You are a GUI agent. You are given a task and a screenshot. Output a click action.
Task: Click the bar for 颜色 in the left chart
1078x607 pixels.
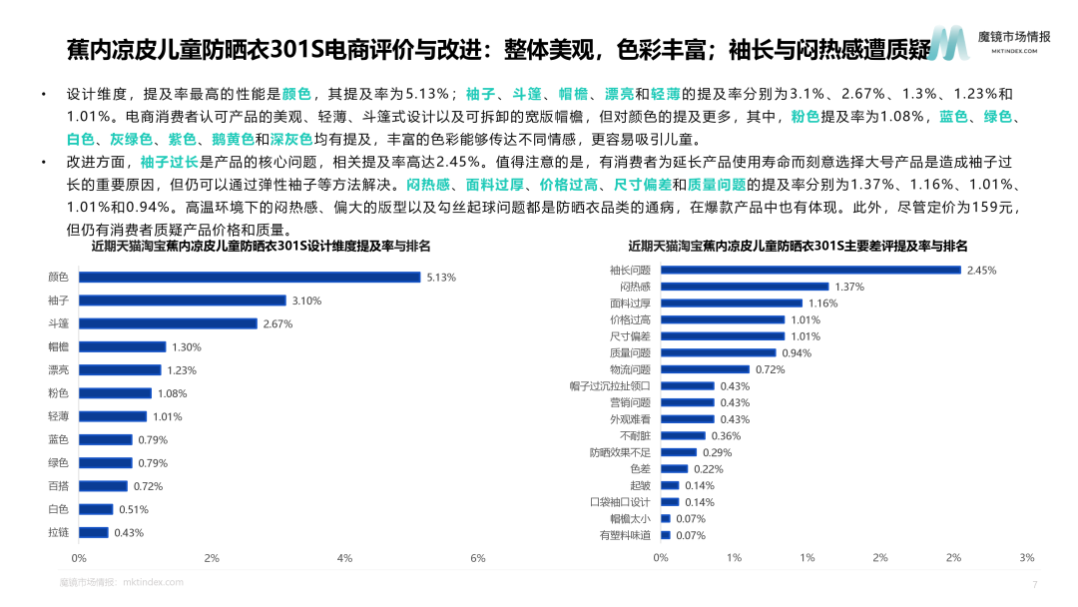[250, 278]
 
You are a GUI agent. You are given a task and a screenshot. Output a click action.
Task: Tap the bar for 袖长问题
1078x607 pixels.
[810, 271]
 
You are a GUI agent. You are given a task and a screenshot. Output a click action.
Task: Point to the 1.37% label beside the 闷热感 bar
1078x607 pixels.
[848, 287]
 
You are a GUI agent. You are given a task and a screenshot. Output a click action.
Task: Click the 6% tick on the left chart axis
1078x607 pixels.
[477, 557]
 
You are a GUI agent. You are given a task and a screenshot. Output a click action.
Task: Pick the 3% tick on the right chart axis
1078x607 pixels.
[1026, 557]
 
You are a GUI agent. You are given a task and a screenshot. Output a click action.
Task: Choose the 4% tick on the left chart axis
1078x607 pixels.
[344, 557]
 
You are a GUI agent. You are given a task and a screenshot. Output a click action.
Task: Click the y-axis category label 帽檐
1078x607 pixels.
[58, 346]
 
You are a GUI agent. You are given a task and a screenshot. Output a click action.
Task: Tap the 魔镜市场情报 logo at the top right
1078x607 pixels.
[988, 40]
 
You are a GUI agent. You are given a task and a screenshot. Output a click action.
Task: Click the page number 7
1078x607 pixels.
[1034, 585]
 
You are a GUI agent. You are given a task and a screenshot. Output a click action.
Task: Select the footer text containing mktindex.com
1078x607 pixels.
[121, 582]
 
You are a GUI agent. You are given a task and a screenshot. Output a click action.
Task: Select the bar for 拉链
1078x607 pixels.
[94, 532]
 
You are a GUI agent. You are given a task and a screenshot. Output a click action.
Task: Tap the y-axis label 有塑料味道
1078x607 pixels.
[626, 535]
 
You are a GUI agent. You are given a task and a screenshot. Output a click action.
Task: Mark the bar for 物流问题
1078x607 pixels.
[705, 369]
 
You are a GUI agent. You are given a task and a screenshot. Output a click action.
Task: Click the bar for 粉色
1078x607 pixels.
[115, 393]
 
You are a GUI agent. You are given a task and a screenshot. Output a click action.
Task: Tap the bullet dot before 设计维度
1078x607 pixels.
[43, 95]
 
